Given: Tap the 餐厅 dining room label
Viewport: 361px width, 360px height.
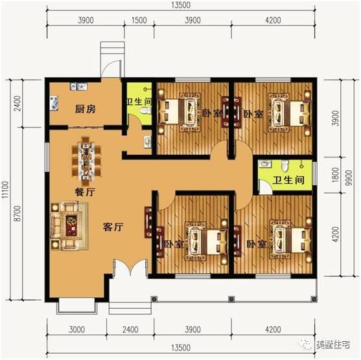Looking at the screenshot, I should pos(85,192).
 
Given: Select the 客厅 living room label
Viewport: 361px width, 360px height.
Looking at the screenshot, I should pos(114,227).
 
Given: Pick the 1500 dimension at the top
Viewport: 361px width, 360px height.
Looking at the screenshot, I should pos(139,20).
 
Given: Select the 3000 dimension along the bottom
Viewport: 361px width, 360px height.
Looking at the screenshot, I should pos(77,330).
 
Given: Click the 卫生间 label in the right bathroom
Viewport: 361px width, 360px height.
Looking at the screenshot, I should pos(285,181).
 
